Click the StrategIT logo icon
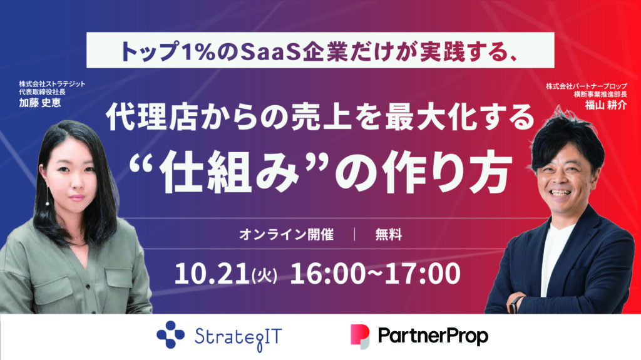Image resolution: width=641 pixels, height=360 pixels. click(x=170, y=334)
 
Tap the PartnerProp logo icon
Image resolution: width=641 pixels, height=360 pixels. click(x=360, y=337)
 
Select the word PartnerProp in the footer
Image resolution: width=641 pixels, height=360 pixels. click(x=433, y=336)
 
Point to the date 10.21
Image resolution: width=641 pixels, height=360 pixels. click(x=212, y=274)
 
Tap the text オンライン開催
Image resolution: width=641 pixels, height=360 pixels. click(x=286, y=235)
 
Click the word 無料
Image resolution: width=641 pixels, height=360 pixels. click(x=388, y=235)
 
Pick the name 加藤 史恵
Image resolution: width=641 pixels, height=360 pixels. click(x=39, y=102)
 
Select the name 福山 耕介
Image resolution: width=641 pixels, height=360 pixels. click(x=605, y=105)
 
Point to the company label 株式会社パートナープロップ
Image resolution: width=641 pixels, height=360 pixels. click(x=586, y=86)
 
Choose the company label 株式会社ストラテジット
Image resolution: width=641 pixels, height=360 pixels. click(x=53, y=84)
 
